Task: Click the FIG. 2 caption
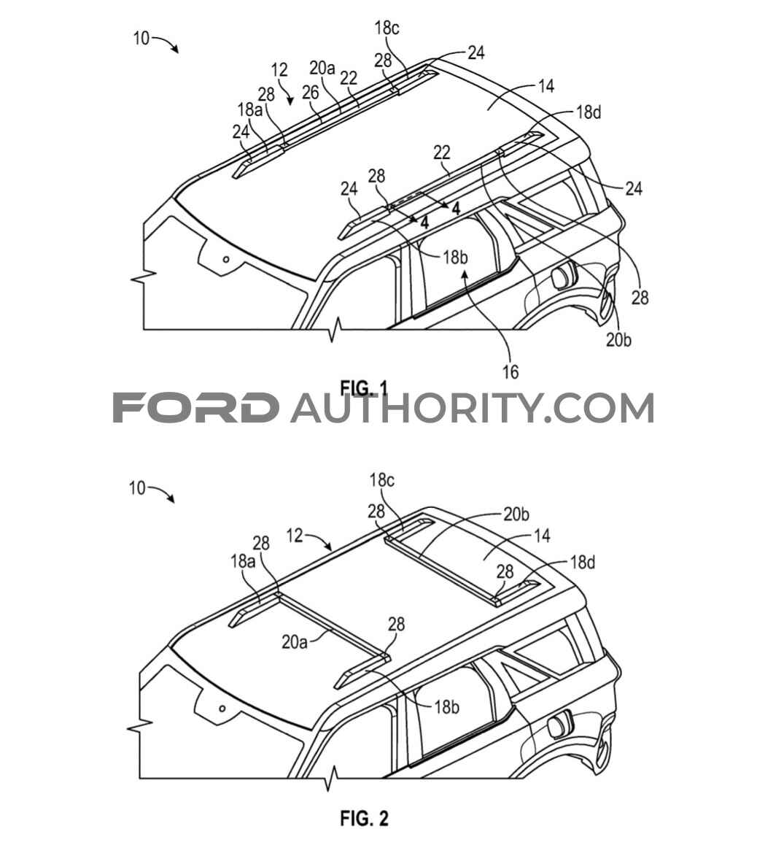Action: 364,819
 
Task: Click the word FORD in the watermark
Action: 195,407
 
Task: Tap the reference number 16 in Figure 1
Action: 510,371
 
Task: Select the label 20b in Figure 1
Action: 618,340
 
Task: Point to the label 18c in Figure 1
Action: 387,28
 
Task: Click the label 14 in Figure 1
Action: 546,85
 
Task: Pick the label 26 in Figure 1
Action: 310,93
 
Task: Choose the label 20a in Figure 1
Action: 322,68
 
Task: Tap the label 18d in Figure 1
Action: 589,112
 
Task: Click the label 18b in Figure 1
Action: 455,258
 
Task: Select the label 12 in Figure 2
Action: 295,535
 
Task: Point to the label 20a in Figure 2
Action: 295,642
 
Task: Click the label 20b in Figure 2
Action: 516,514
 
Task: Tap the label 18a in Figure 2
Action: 244,561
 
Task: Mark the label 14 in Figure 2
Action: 542,536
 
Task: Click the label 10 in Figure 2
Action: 137,488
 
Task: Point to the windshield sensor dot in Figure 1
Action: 226,259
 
